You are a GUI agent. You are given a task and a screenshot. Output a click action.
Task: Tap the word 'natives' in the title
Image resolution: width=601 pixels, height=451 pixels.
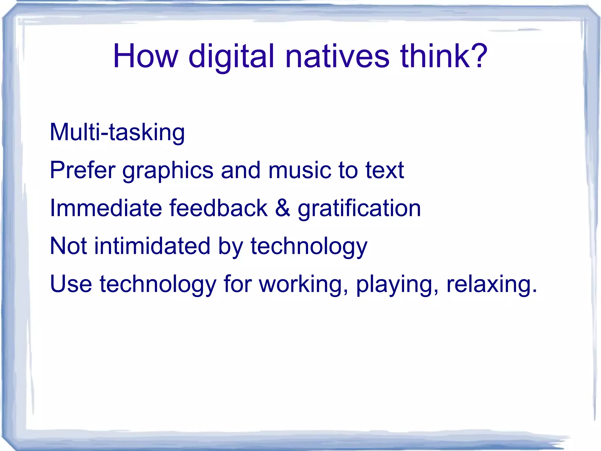click(x=337, y=56)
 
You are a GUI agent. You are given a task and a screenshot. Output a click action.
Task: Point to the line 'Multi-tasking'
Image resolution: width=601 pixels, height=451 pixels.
click(x=117, y=132)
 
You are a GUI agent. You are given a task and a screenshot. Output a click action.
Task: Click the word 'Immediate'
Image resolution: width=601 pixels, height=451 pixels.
click(x=106, y=208)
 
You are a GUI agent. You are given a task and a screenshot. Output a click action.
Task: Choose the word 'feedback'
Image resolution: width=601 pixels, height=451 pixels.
click(x=219, y=208)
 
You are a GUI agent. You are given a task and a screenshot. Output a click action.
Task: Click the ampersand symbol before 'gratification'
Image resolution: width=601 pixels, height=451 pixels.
click(x=283, y=208)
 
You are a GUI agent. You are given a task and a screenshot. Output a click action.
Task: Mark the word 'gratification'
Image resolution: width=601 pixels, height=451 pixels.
click(x=359, y=208)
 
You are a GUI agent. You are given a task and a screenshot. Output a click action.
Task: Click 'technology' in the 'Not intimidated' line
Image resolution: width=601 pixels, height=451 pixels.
click(x=309, y=246)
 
